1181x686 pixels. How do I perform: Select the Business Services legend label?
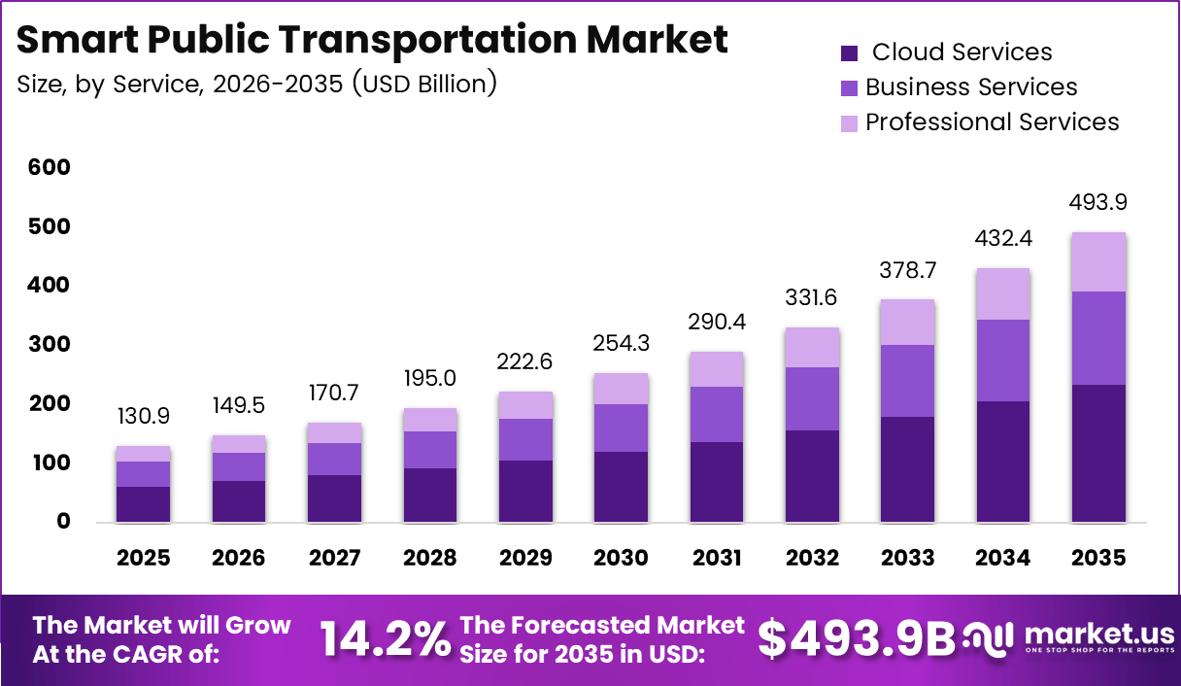971,87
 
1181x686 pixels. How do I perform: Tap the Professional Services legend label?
992,122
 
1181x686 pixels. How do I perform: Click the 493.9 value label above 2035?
1099,203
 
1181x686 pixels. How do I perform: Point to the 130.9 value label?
144,415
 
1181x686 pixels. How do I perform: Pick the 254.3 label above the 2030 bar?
622,343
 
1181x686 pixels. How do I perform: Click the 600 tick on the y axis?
50,167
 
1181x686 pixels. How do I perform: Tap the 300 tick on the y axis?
50,344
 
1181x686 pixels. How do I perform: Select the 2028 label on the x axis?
430,558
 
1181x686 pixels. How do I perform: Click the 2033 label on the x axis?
908,558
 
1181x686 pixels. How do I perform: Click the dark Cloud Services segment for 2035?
1099,453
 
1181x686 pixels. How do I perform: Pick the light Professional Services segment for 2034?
1003,293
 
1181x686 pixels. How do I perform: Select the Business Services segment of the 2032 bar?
813,398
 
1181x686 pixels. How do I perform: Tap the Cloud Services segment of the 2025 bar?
144,503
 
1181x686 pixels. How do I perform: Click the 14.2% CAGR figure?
385,638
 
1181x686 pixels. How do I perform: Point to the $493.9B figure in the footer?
857,638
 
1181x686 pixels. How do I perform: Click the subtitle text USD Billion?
423,85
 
